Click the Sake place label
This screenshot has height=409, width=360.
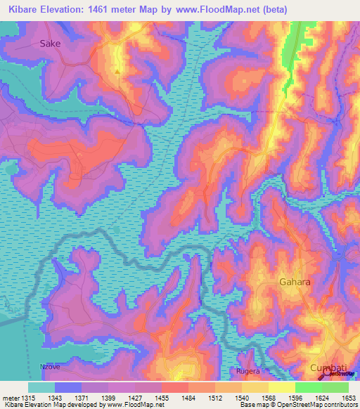[x=50, y=43]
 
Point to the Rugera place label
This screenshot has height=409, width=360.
[x=249, y=370]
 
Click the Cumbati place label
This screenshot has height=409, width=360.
[x=328, y=368]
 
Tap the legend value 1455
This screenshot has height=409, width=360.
[x=160, y=398]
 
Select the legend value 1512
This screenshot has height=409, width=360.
[x=214, y=398]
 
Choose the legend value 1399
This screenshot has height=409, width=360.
[x=108, y=398]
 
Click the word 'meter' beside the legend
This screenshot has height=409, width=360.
[x=9, y=398]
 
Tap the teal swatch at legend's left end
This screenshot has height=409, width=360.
[x=41, y=387]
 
